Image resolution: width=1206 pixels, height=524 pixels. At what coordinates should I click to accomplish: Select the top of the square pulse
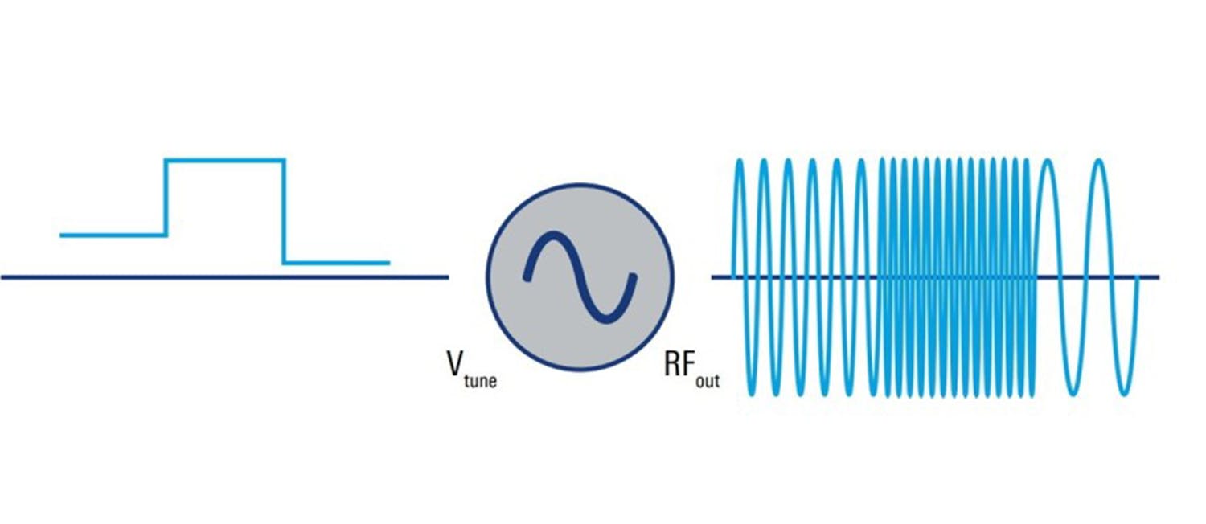(225, 160)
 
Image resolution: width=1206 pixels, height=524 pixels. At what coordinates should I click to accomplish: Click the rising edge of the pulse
(166, 198)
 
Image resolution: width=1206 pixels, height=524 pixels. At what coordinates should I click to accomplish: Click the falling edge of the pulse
(283, 211)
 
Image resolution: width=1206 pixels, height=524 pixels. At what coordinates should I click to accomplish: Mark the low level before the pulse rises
(113, 235)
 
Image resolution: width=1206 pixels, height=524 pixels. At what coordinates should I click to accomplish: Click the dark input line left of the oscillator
(225, 277)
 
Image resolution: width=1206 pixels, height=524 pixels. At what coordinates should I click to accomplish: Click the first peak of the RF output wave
(740, 162)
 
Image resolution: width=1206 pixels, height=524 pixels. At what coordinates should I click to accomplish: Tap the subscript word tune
(481, 380)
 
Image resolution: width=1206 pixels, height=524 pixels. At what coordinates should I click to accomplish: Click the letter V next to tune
(455, 364)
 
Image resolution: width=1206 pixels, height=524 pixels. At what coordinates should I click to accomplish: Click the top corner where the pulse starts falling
(284, 161)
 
